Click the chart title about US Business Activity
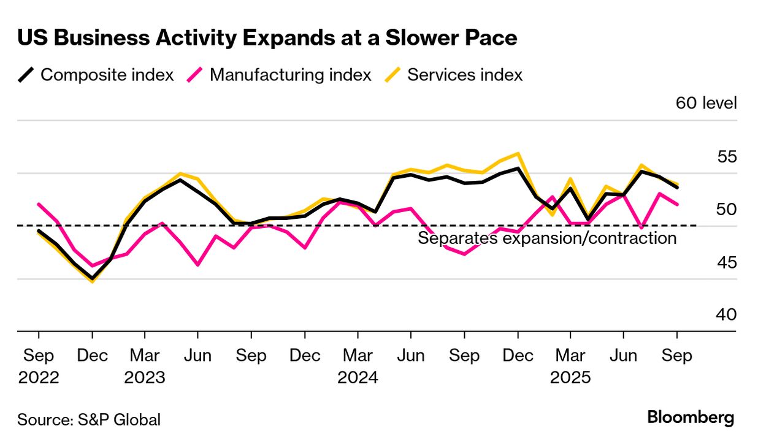click(x=267, y=39)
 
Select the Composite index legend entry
click(x=96, y=75)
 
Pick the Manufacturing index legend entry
click(x=280, y=75)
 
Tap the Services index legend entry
click(x=454, y=75)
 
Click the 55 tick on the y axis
click(x=727, y=156)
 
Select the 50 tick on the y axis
click(x=727, y=209)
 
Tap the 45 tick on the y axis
click(x=727, y=262)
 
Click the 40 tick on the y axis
click(x=727, y=314)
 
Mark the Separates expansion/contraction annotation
click(x=547, y=238)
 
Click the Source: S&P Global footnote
click(x=89, y=420)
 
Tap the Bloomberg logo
click(x=691, y=418)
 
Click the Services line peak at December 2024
click(x=518, y=153)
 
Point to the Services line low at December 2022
click(x=92, y=282)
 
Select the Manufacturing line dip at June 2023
click(x=197, y=265)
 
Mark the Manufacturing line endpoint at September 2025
click(x=677, y=205)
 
